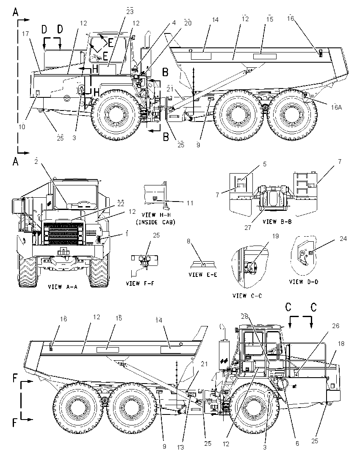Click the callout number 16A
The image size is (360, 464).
tap(336, 108)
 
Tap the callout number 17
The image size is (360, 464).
tap(25, 34)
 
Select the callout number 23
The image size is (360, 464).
tap(130, 11)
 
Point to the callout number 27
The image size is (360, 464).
tap(248, 228)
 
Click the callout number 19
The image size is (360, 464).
tap(276, 237)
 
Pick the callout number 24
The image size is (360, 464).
tap(343, 238)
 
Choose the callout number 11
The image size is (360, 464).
tap(190, 203)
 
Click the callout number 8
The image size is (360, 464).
tap(188, 241)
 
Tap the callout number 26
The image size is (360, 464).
tap(336, 326)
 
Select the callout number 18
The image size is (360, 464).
tap(341, 344)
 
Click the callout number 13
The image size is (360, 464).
tap(180, 447)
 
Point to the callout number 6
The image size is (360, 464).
tap(297, 443)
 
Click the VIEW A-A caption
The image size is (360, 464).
tap(63, 287)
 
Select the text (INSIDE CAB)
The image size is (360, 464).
tap(155, 222)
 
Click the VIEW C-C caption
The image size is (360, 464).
tap(247, 296)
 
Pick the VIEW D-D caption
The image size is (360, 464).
tap(304, 282)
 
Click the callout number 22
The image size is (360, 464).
tap(120, 204)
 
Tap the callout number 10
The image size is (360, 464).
tap(22, 127)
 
